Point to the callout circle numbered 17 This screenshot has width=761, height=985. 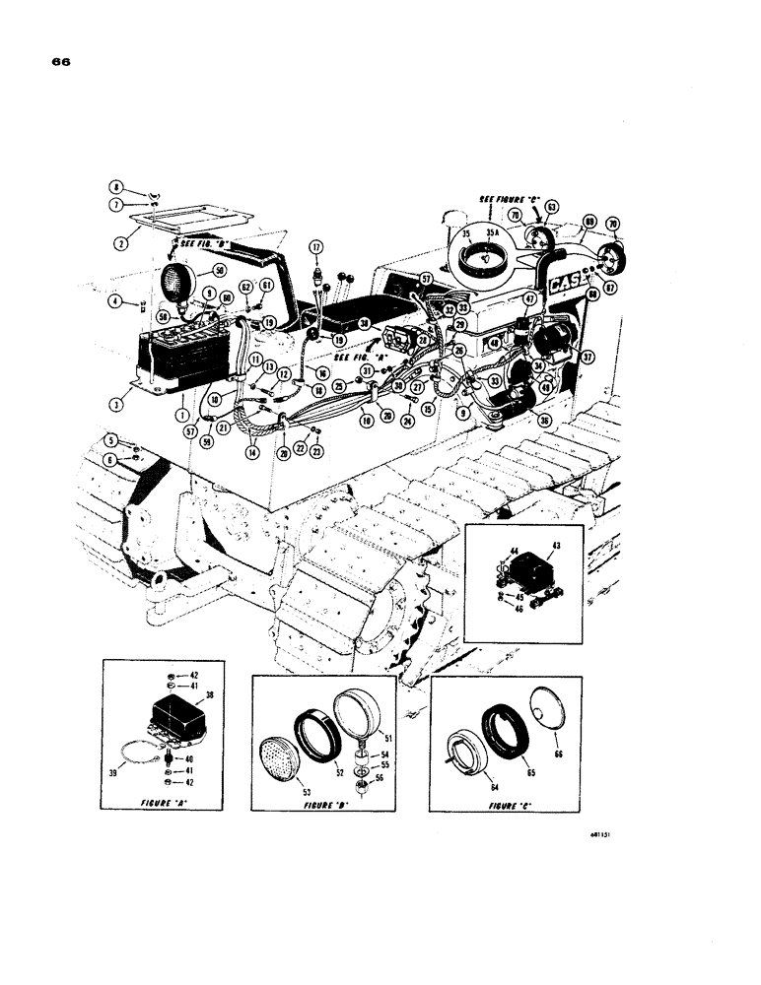coord(316,246)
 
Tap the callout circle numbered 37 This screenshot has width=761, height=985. coord(588,357)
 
